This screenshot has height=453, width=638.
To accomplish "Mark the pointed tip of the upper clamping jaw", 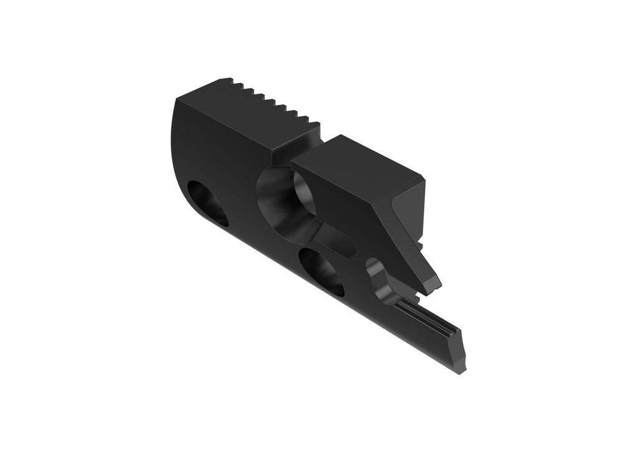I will click(x=434, y=287).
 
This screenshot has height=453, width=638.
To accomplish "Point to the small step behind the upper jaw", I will click(x=422, y=241).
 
